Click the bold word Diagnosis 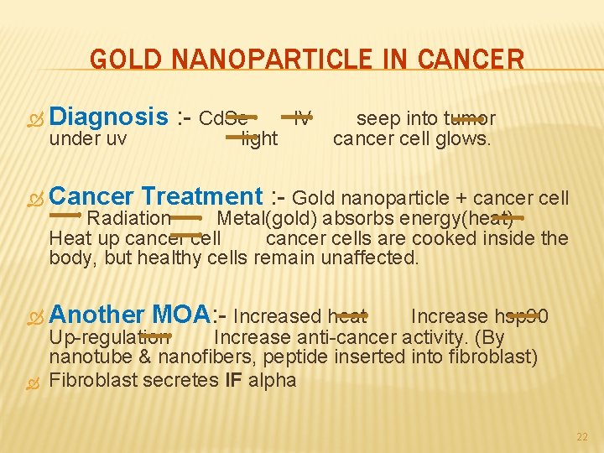108,117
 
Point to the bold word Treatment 201,197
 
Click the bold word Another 97,315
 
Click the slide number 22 582,437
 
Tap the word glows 464,138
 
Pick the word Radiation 129,218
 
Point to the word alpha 273,379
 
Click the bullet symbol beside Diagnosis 34,118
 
